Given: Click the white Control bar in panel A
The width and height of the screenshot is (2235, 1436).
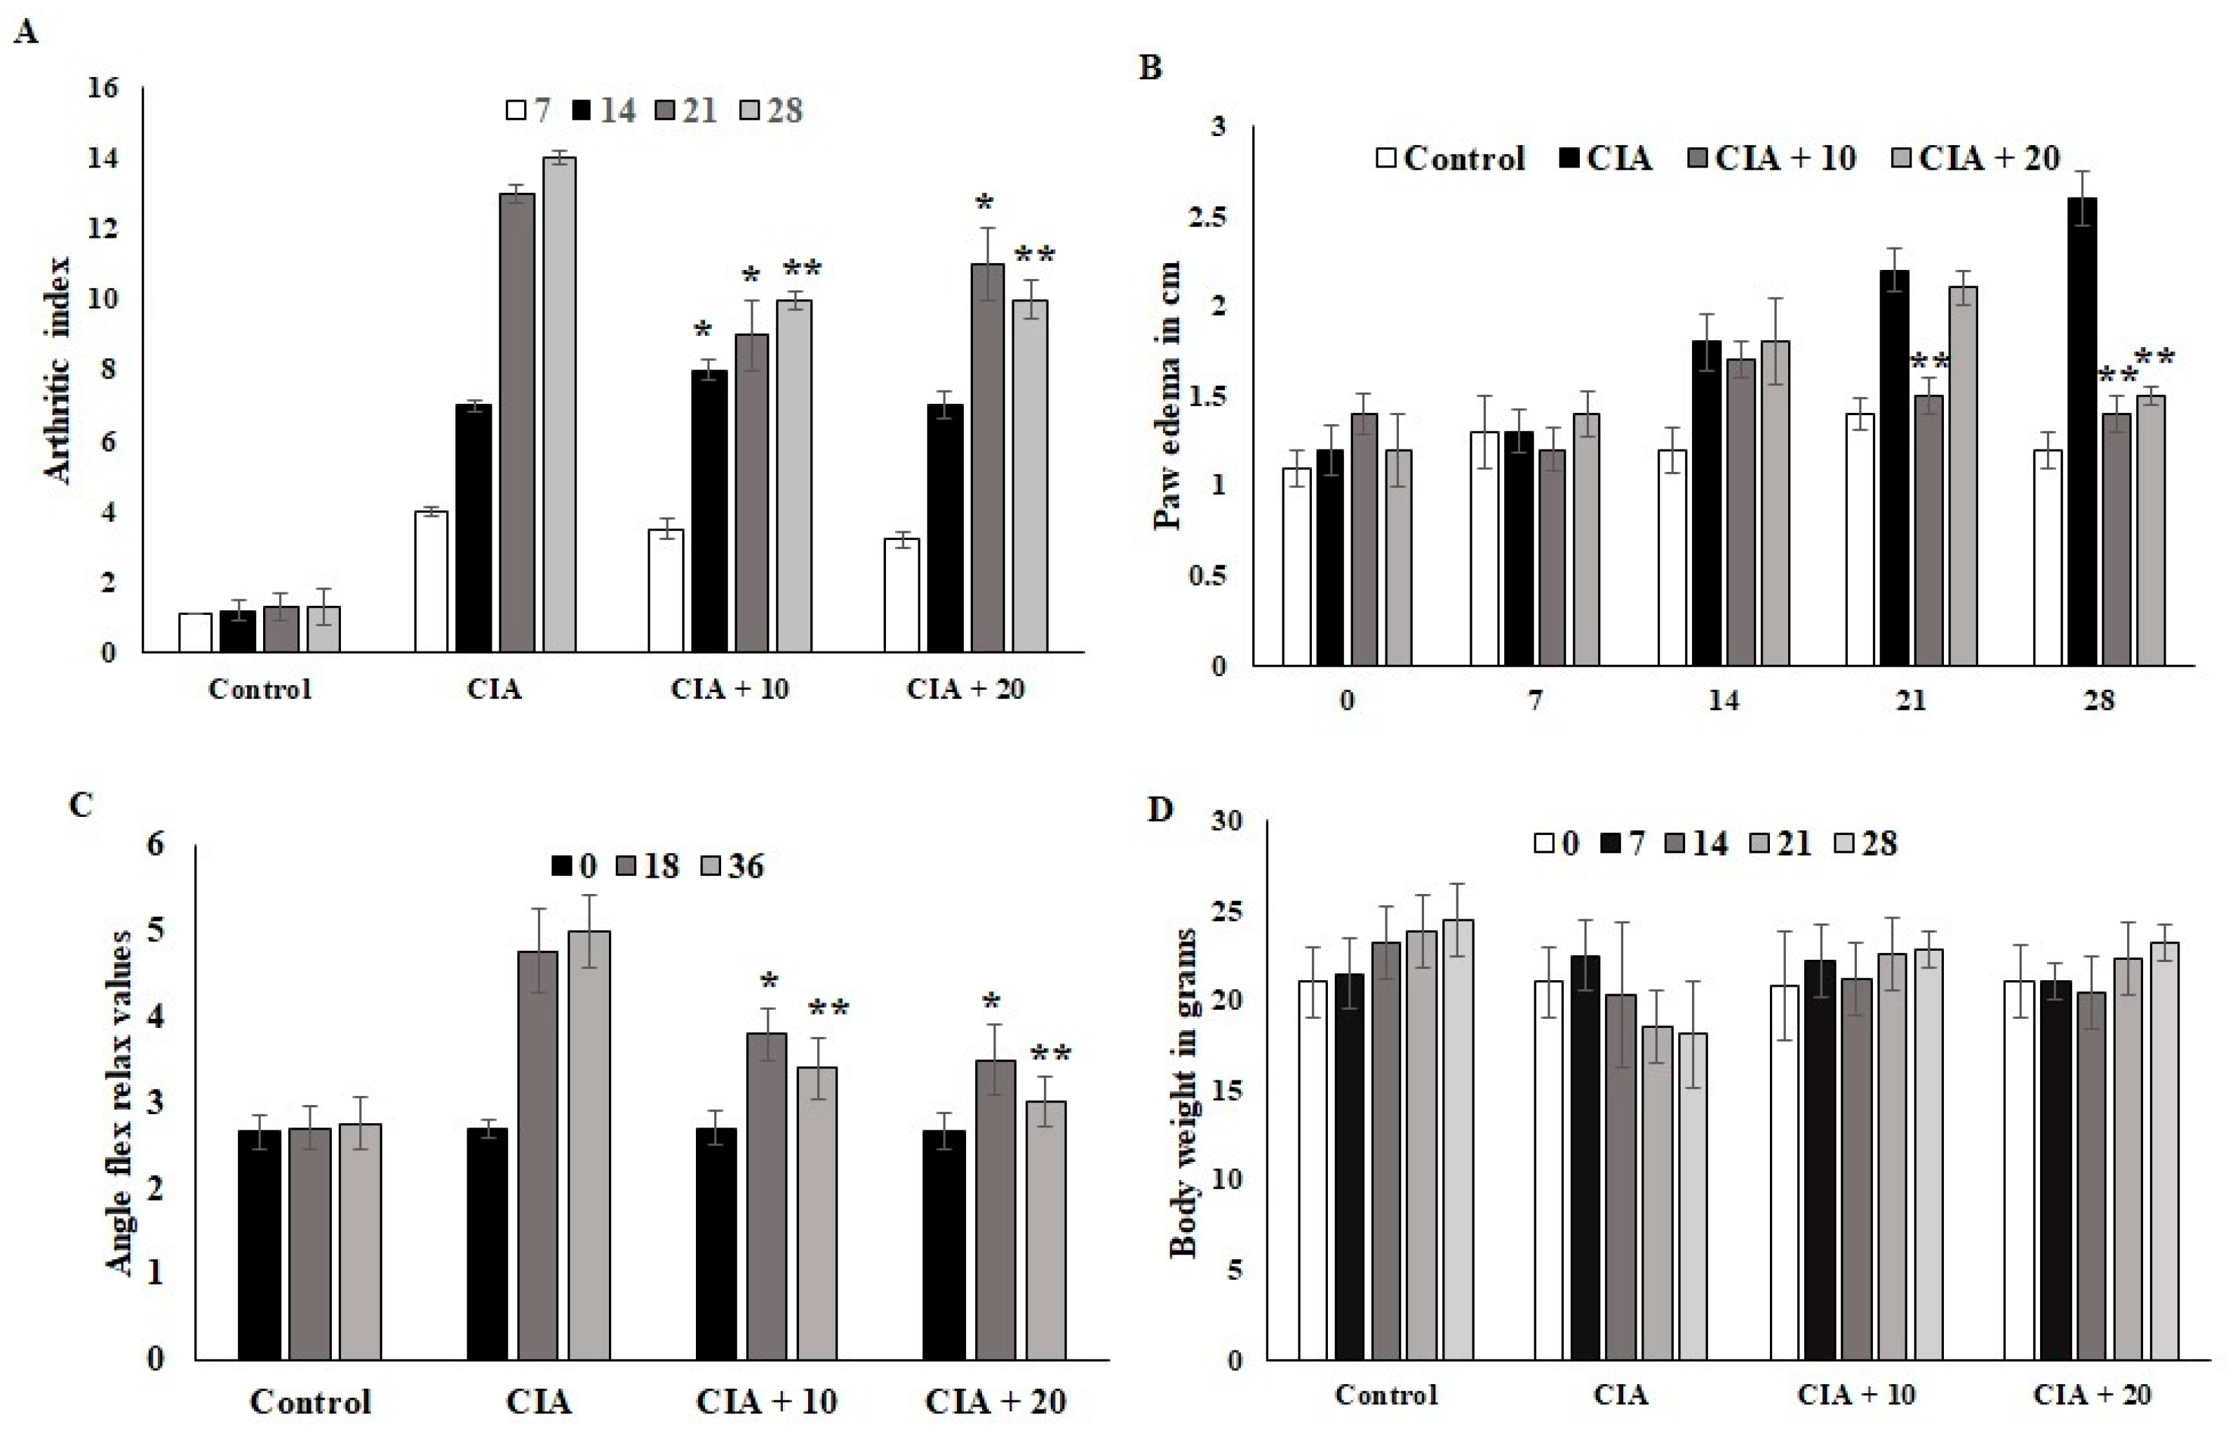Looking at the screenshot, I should [195, 632].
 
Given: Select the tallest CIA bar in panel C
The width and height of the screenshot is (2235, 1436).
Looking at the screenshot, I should [589, 1144].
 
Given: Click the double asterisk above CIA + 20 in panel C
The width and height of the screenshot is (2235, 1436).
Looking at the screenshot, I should [1050, 1055].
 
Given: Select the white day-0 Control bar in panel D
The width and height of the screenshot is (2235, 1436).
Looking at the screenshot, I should [1313, 1170].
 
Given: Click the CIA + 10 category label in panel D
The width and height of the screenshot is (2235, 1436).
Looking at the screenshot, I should [1855, 1395].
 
